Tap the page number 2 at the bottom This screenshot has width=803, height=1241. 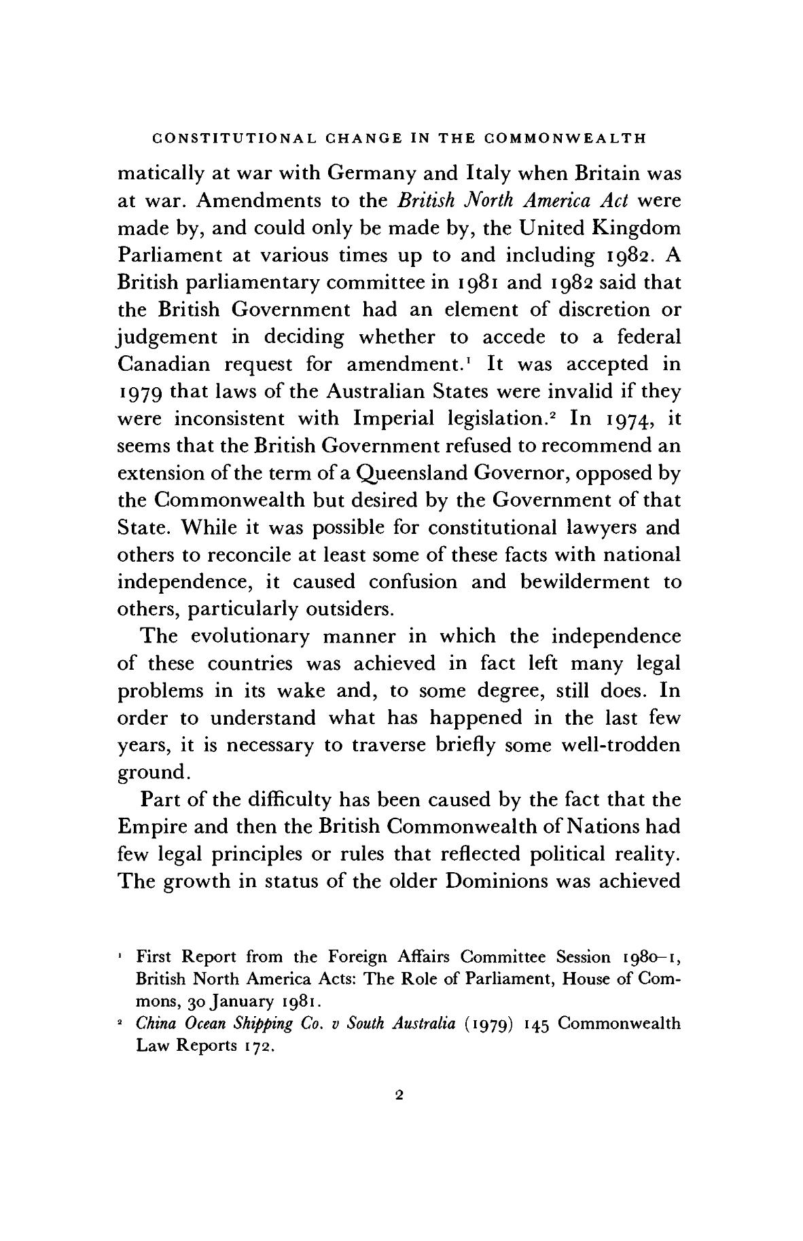(x=399, y=1094)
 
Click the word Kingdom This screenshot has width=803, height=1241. (x=637, y=228)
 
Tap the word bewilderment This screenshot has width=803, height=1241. (x=582, y=582)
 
